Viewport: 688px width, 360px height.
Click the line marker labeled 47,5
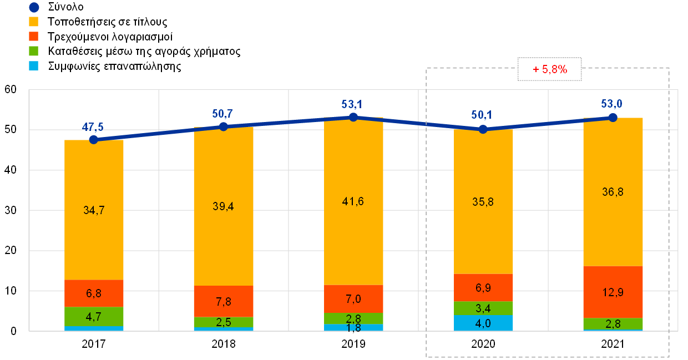(94, 139)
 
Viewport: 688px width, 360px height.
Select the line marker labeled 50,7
(224, 126)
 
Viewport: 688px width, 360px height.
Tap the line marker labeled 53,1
(353, 117)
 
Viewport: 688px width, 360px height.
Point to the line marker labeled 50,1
(483, 129)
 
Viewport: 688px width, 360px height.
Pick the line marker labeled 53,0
(613, 117)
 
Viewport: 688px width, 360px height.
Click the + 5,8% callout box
(549, 69)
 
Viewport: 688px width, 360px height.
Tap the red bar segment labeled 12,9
(613, 292)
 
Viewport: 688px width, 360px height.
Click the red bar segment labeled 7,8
(224, 301)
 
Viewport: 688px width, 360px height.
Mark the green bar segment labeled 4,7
(94, 316)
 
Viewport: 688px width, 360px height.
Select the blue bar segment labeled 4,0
(483, 323)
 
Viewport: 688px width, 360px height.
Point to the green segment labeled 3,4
(483, 308)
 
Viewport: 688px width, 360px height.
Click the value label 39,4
(224, 206)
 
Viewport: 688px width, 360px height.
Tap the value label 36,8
(613, 192)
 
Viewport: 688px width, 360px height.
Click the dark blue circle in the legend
(34, 8)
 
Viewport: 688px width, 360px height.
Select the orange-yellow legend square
(34, 22)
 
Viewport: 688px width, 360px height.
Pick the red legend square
(34, 36)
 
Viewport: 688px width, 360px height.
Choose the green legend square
(34, 51)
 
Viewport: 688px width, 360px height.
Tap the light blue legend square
(34, 65)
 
